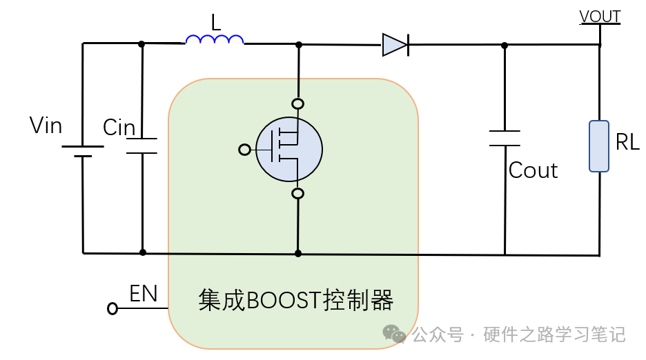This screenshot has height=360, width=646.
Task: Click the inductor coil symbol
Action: [x=215, y=40]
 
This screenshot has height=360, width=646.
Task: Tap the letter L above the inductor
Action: [x=216, y=23]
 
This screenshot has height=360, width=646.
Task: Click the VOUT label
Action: [x=600, y=17]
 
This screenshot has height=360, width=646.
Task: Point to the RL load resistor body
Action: [x=598, y=146]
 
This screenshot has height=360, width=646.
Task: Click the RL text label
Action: [x=627, y=143]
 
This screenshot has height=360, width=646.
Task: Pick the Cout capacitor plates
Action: [x=504, y=138]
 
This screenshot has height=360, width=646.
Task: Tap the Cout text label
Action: [x=533, y=170]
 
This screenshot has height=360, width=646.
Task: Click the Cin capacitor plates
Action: [x=142, y=146]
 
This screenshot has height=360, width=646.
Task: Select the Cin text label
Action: [x=119, y=128]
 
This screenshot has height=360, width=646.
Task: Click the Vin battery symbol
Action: [x=83, y=151]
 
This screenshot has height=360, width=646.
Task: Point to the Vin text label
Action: [x=46, y=126]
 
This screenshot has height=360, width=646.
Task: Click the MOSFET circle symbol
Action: [x=288, y=149]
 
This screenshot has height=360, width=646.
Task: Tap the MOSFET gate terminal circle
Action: [x=244, y=150]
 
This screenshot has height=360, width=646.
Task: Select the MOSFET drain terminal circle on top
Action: [x=298, y=105]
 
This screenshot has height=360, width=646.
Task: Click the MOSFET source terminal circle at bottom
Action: [x=298, y=194]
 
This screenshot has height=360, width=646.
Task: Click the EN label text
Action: [x=144, y=294]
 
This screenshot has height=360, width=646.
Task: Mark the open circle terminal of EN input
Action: [x=112, y=309]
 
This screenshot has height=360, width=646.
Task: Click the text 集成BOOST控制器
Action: [x=295, y=301]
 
